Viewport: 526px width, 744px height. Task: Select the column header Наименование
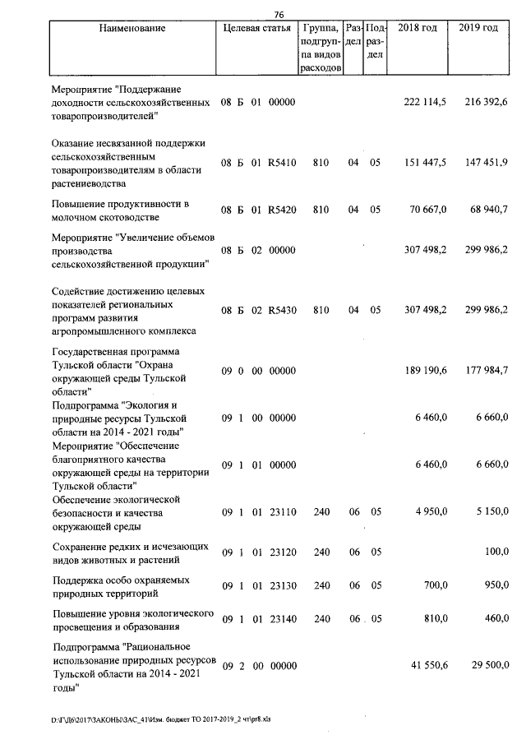[132, 29]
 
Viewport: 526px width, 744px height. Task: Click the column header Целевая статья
[256, 29]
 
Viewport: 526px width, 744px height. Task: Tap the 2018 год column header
[418, 29]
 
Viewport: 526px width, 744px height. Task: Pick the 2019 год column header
[478, 29]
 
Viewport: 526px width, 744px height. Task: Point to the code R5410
[281, 164]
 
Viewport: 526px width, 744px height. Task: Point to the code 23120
[281, 553]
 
